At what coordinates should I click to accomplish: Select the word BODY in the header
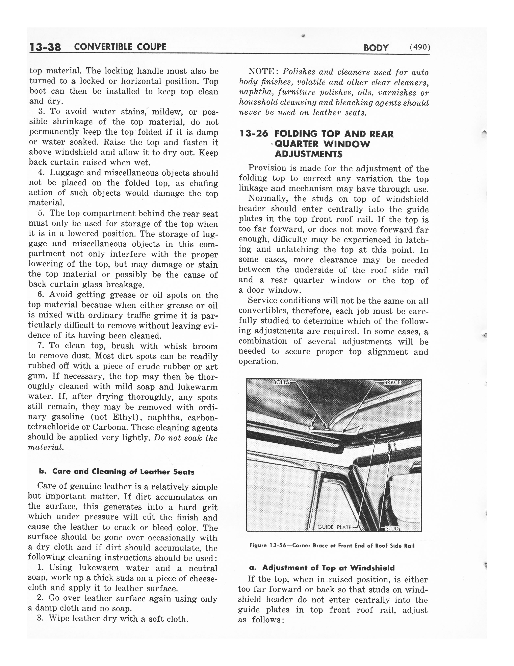tap(376, 48)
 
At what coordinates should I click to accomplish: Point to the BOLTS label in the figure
tap(281, 382)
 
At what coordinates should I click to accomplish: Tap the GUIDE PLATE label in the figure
tap(334, 527)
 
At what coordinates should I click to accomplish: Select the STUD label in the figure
tap(392, 529)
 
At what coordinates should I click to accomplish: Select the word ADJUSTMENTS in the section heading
tap(308, 154)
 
